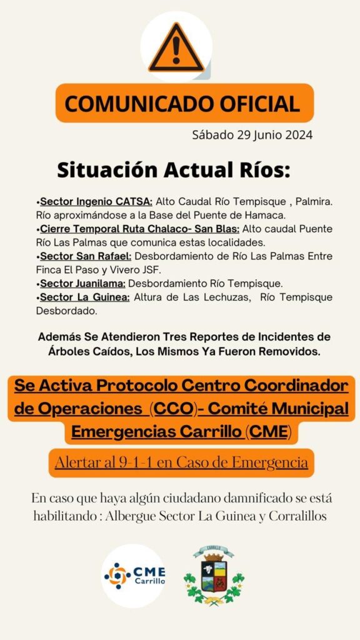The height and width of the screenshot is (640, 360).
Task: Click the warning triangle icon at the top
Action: (x=176, y=48)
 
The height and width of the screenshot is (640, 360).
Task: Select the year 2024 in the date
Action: (x=297, y=135)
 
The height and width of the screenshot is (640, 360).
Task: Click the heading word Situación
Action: (x=107, y=169)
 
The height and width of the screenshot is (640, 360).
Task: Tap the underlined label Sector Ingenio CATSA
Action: (x=96, y=202)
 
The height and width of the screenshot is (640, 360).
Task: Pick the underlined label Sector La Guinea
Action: (x=85, y=297)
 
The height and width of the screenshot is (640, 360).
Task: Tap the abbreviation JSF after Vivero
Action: (x=152, y=270)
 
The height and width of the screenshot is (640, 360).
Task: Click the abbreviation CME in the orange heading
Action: (x=268, y=431)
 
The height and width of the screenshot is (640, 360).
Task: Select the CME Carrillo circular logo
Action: (x=134, y=575)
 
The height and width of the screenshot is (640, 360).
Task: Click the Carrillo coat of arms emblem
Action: (x=214, y=575)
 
